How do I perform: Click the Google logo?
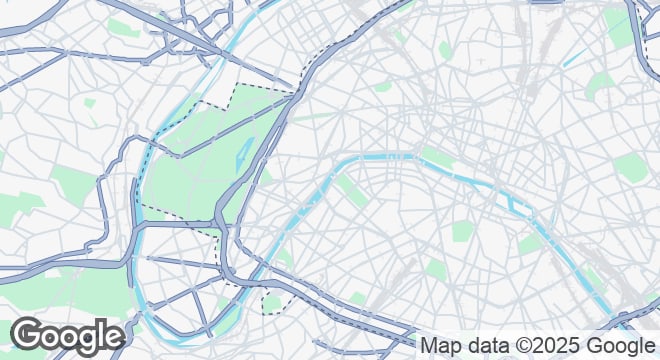[67, 337]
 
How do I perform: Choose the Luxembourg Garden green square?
[461, 231]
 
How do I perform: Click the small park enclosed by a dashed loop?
[272, 302]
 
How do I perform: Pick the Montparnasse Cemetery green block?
[436, 268]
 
